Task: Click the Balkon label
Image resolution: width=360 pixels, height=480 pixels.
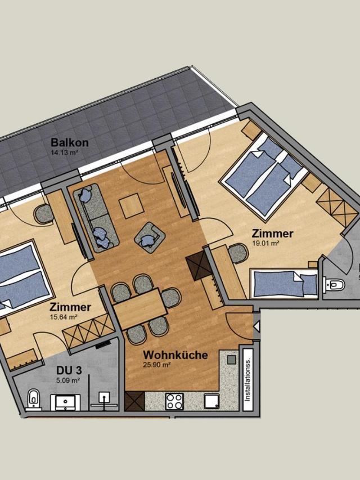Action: pyautogui.click(x=70, y=142)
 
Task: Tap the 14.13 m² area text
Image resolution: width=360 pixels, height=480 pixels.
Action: pyautogui.click(x=64, y=152)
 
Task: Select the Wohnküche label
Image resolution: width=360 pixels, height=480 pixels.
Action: pyautogui.click(x=175, y=355)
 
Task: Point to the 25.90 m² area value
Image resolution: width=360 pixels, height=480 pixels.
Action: pyautogui.click(x=157, y=365)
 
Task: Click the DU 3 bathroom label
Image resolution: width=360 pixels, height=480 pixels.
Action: pyautogui.click(x=69, y=370)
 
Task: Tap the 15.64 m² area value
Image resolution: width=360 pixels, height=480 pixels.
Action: pyautogui.click(x=64, y=317)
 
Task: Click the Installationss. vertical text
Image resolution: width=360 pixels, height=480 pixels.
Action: pyautogui.click(x=247, y=379)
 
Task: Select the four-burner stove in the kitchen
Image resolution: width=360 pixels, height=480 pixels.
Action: pyautogui.click(x=174, y=401)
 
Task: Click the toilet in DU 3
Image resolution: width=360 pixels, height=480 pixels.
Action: pyautogui.click(x=33, y=399)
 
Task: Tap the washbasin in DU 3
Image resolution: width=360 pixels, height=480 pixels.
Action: pyautogui.click(x=65, y=402)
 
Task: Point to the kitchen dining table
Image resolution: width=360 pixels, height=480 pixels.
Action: pyautogui.click(x=139, y=309)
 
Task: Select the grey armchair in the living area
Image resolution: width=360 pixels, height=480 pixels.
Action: pyautogui.click(x=150, y=237)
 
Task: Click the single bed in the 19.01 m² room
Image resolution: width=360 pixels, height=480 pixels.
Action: pyautogui.click(x=285, y=284)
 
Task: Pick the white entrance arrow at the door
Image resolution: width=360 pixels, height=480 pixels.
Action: pyautogui.click(x=256, y=326)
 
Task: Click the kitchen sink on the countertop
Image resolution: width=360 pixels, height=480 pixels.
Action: pyautogui.click(x=212, y=401)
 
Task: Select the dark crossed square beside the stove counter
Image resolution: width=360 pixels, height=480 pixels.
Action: pyautogui.click(x=134, y=401)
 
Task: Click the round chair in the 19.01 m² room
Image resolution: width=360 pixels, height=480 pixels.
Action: pyautogui.click(x=238, y=253)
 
